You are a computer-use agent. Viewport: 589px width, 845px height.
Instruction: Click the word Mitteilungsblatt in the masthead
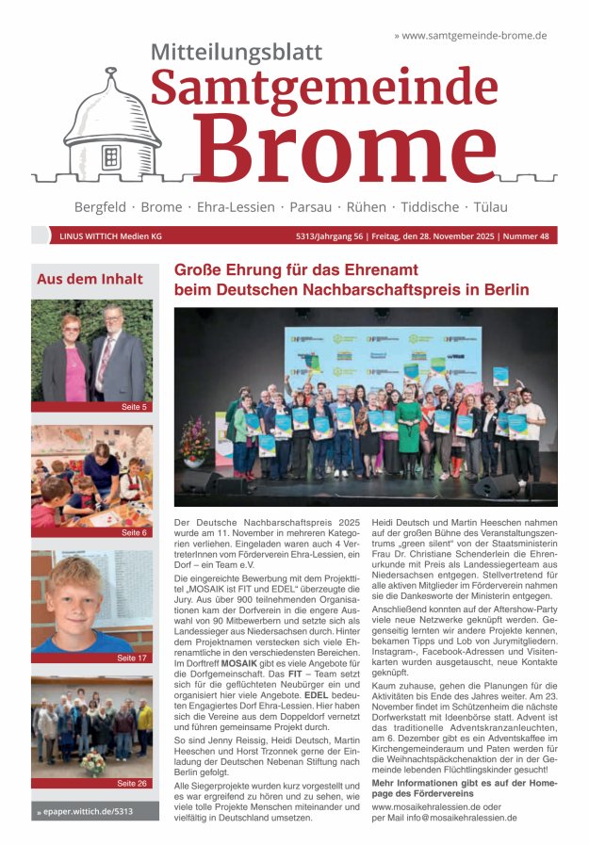coord(236,52)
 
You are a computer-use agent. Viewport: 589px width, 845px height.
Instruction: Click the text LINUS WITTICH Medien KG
coord(110,236)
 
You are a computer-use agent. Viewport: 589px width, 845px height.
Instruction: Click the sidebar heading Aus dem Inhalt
coord(90,279)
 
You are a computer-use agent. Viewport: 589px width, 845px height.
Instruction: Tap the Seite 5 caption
coord(133,407)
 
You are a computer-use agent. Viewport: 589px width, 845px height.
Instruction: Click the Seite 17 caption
coord(133,658)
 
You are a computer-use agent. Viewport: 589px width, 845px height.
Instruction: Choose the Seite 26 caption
coord(132,783)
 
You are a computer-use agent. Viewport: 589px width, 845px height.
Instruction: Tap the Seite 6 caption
coord(134,532)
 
